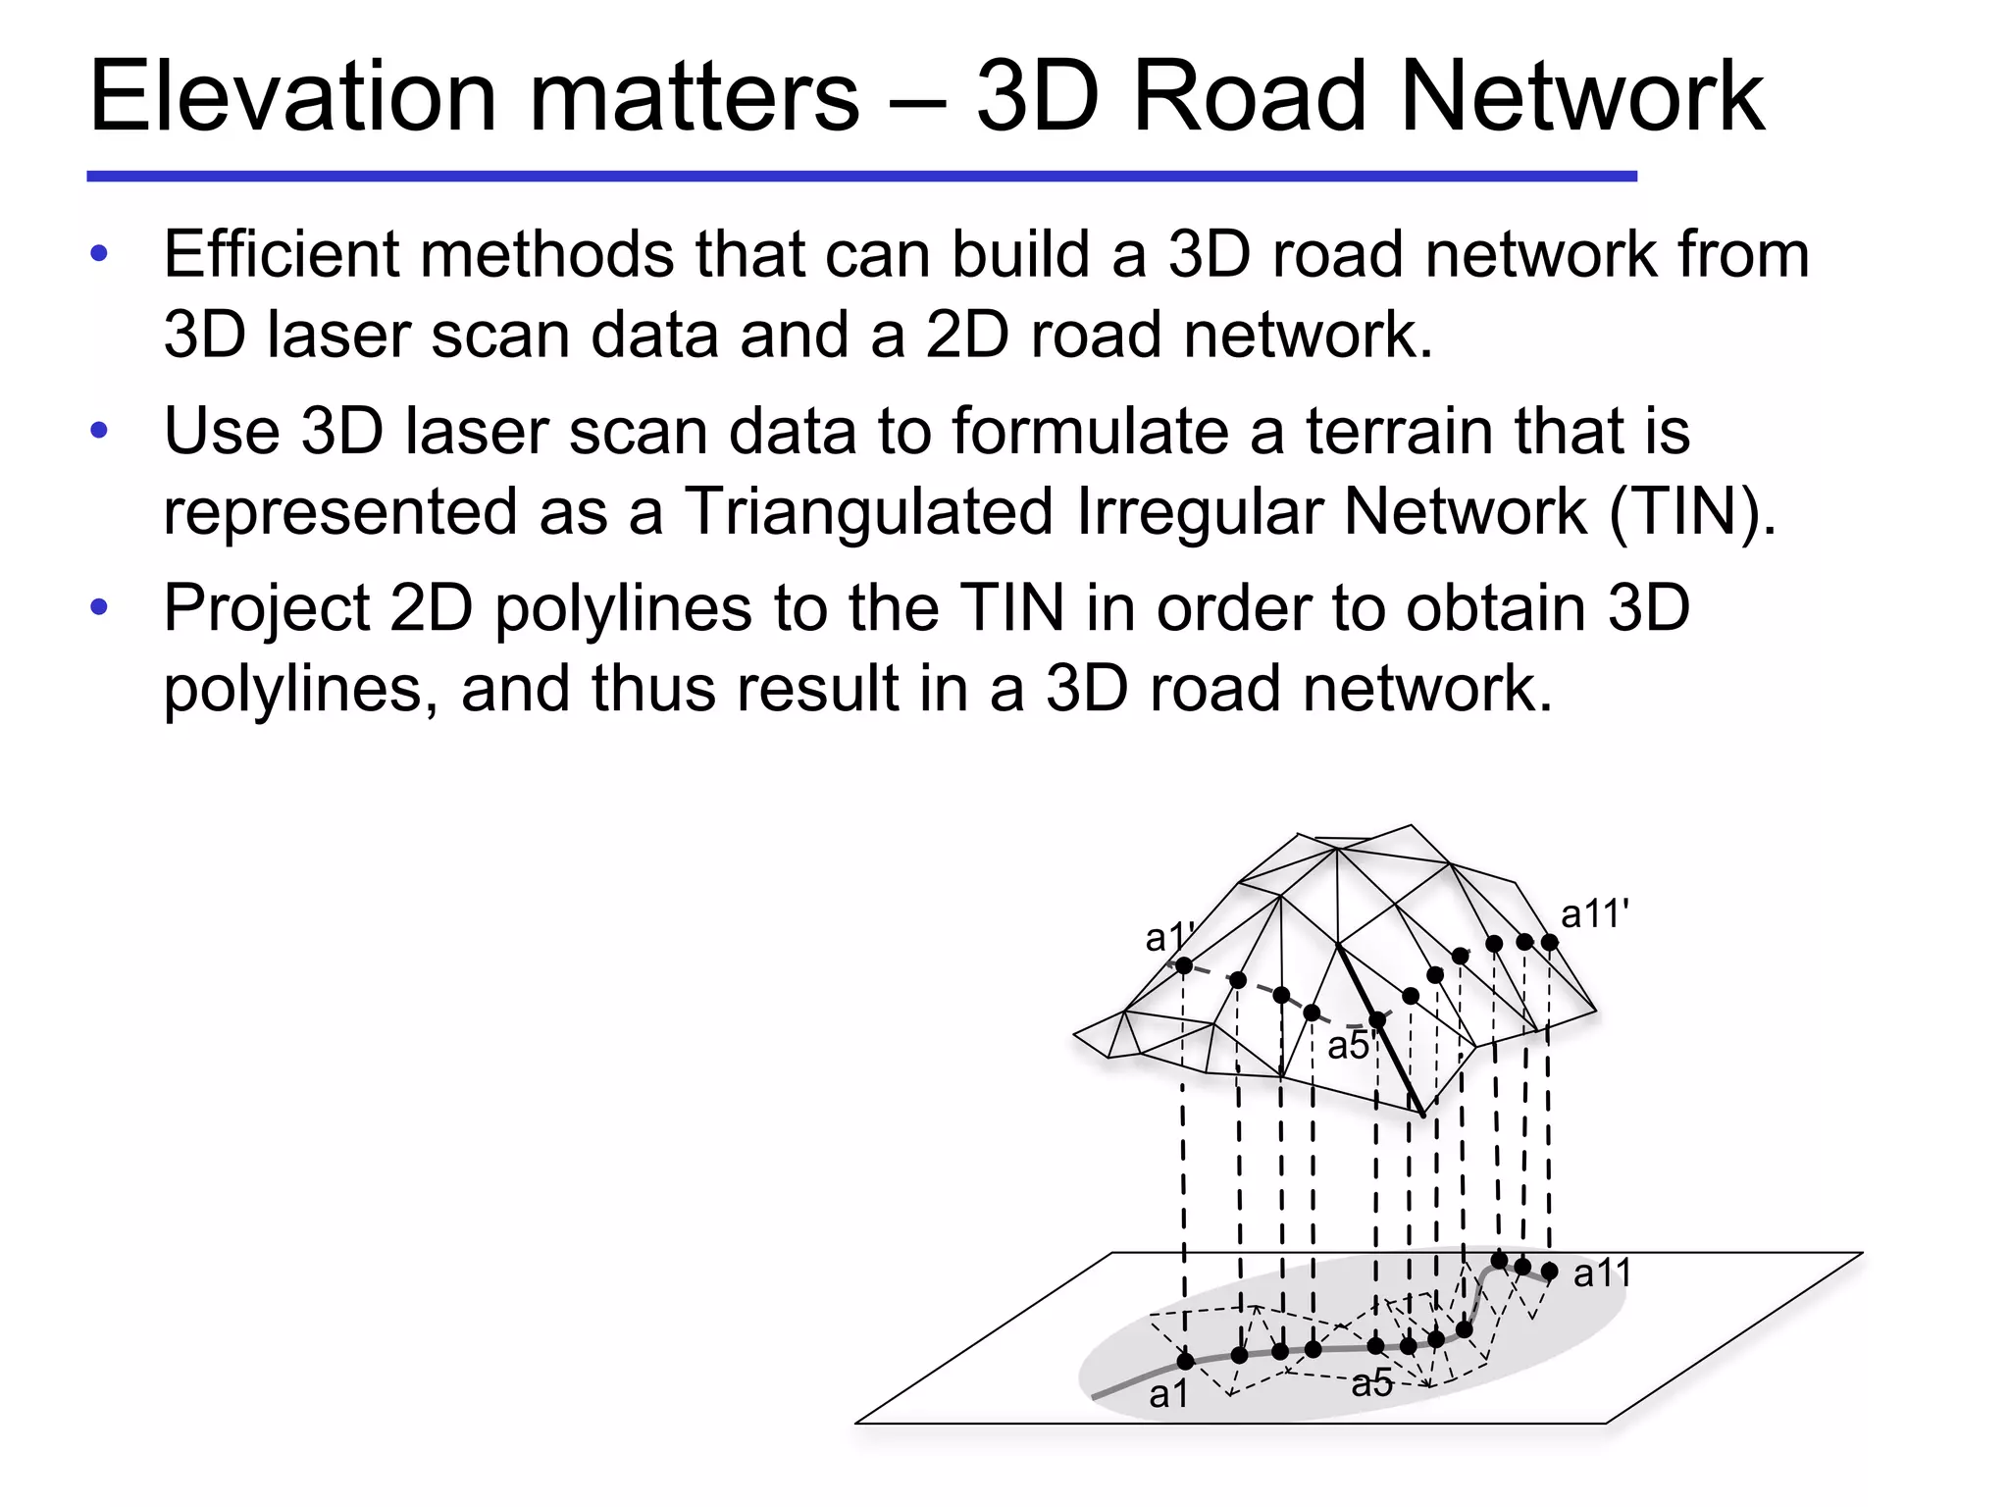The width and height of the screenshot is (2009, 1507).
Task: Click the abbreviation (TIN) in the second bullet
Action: [1692, 512]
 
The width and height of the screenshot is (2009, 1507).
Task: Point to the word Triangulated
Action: [868, 512]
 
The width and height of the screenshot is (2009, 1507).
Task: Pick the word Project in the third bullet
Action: [266, 608]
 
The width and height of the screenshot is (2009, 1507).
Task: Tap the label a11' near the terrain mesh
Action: [1594, 914]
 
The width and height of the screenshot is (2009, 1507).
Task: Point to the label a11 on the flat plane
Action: [1602, 1273]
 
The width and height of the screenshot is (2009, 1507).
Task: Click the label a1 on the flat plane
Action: [1168, 1394]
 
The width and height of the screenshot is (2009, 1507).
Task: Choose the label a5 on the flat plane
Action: [1371, 1383]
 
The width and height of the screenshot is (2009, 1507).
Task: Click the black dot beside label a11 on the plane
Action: [1550, 1272]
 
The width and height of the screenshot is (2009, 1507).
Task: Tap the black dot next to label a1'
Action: [1184, 966]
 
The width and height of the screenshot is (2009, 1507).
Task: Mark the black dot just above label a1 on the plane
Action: [1185, 1361]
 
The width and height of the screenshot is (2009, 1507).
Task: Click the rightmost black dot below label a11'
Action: [1550, 943]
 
